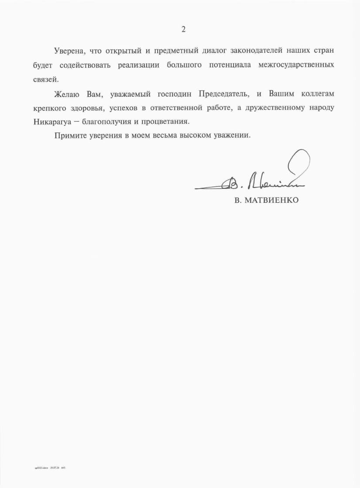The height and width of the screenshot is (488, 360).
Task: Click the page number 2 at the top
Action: point(183,30)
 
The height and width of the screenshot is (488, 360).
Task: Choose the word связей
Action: point(45,80)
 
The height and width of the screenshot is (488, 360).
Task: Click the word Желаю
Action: point(67,94)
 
